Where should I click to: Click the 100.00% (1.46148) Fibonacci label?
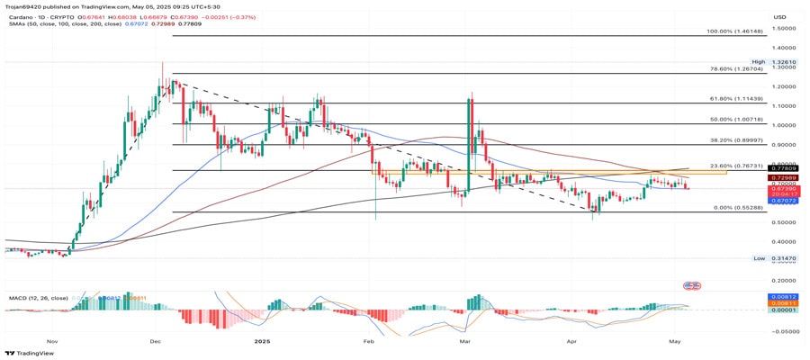[734, 31]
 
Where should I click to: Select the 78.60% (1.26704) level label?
[736, 68]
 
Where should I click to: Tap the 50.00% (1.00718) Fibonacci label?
[736, 119]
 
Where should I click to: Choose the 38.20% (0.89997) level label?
[736, 140]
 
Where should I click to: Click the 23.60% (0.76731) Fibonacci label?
[736, 166]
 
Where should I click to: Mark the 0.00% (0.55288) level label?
[738, 208]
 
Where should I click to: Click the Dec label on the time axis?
[155, 342]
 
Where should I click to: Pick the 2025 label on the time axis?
[262, 342]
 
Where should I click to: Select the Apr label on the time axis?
[571, 342]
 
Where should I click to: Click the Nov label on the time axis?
[51, 342]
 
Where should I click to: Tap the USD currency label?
[779, 16]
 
